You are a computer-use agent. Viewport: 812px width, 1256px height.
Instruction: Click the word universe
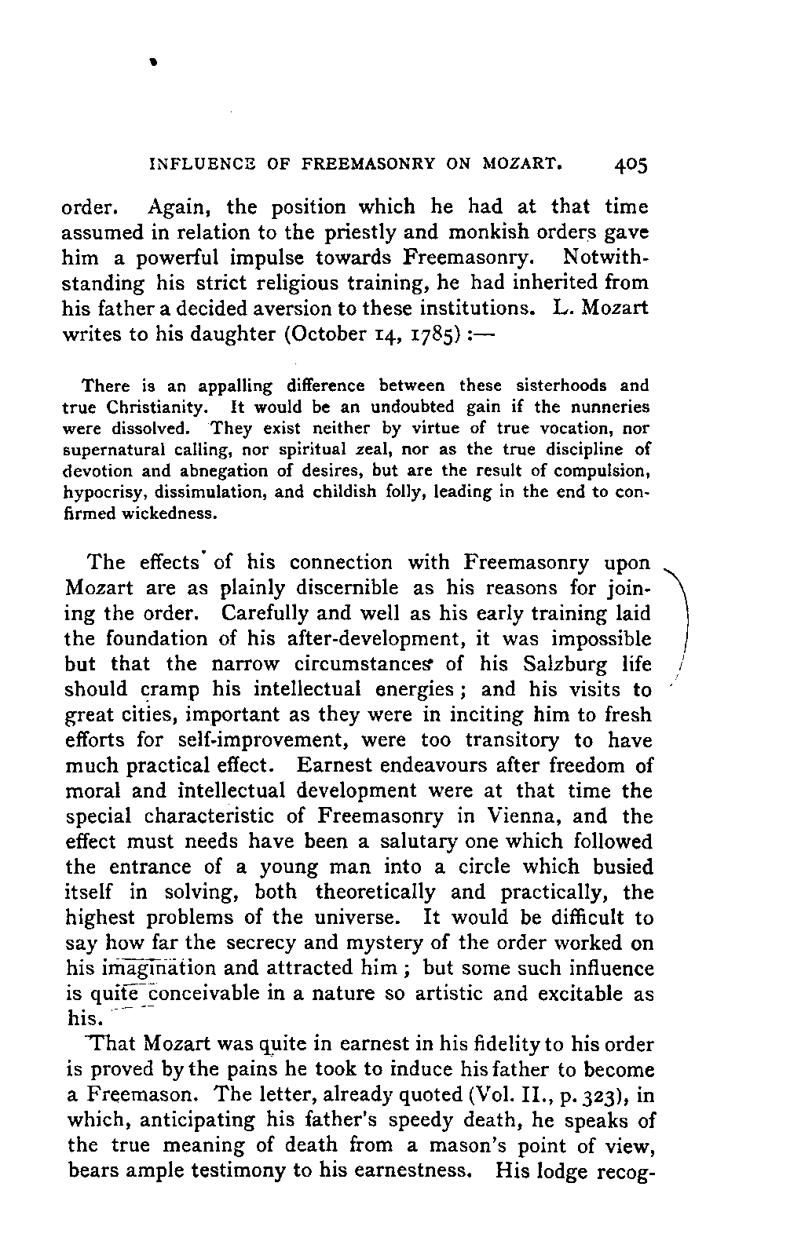click(371, 918)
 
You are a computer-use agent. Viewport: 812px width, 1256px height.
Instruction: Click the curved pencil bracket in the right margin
click(683, 620)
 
